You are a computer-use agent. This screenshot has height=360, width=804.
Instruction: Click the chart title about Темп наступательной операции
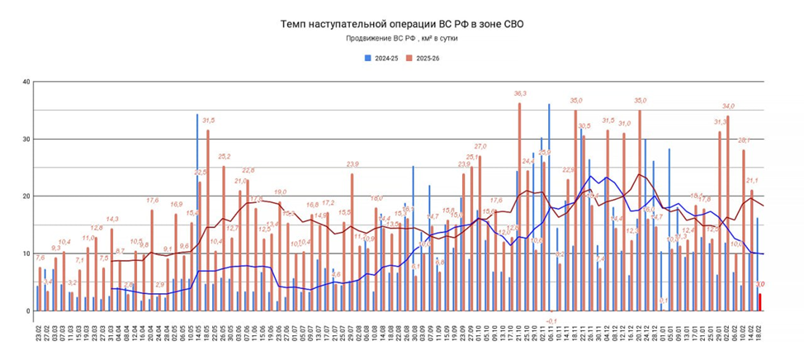point(402,25)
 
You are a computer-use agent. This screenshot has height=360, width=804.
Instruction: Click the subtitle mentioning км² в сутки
point(402,39)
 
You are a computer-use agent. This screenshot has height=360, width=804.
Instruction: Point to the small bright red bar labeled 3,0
point(760,302)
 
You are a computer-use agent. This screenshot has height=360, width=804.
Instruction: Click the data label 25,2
point(223,157)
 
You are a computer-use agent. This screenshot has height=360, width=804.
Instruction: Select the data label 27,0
point(480,146)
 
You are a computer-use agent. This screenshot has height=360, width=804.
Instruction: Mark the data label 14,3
point(112,219)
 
